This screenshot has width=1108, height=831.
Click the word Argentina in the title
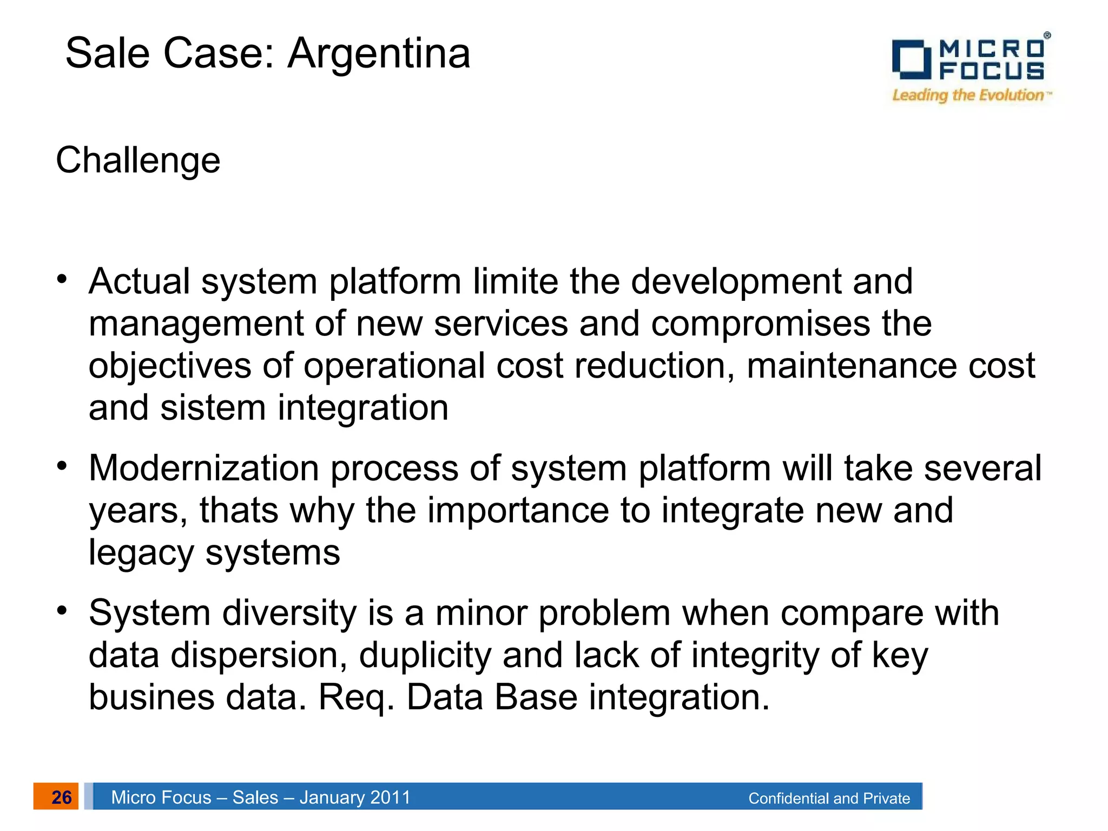pos(379,54)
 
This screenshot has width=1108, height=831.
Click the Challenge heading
pos(138,161)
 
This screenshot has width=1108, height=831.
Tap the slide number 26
pos(61,797)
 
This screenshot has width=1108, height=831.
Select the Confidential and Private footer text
pos(829,799)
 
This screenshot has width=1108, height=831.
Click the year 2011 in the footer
pos(390,797)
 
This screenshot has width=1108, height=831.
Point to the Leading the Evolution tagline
pos(968,96)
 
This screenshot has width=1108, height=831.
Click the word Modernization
pos(204,468)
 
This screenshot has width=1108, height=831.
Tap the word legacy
pos(141,553)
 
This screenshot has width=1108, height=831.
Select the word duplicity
pos(425,655)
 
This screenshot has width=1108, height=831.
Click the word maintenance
pos(852,366)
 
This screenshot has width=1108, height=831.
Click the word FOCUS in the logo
pos(992,71)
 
